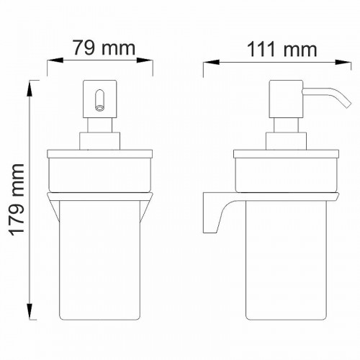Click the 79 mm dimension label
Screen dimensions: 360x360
[x=104, y=48]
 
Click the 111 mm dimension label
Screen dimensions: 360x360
[x=282, y=50]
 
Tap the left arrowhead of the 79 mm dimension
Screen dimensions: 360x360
[x=55, y=60]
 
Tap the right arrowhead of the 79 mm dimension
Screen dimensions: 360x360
[x=145, y=60]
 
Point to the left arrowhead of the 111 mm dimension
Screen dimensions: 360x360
[x=212, y=63]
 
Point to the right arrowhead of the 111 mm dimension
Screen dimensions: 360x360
[x=343, y=63]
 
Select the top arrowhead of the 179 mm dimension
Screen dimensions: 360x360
[x=30, y=89]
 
